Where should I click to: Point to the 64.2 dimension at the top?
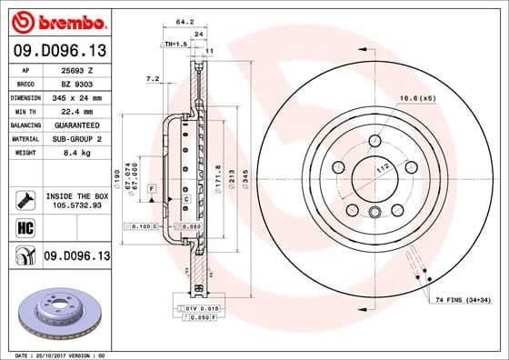185,22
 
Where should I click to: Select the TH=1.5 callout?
175,44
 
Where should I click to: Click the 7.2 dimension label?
152,79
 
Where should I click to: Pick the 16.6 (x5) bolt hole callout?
416,96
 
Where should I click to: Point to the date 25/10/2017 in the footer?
53,355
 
